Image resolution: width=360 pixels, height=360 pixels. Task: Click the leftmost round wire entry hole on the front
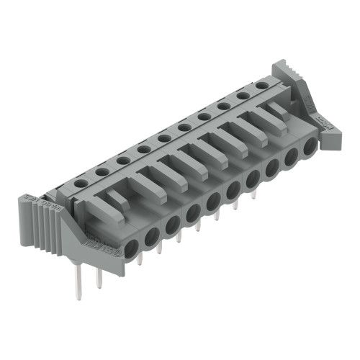132,249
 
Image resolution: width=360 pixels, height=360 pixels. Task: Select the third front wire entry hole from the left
173,226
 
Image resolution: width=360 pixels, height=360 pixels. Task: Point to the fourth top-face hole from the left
144,149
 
